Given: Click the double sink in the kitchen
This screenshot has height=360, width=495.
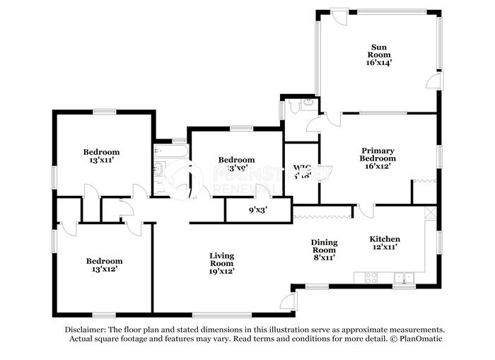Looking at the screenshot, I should (x=404, y=277).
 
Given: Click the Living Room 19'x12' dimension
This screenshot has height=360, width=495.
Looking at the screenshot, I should (x=221, y=270).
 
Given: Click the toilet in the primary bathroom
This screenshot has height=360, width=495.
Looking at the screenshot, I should (x=307, y=105).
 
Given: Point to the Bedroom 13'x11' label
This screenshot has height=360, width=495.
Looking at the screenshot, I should (x=101, y=161).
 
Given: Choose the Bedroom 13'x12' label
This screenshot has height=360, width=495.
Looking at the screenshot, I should (x=104, y=269).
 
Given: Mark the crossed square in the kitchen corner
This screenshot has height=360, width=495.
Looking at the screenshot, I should (x=431, y=212).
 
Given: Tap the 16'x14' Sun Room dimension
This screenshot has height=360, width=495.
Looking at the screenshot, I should (x=379, y=62).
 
